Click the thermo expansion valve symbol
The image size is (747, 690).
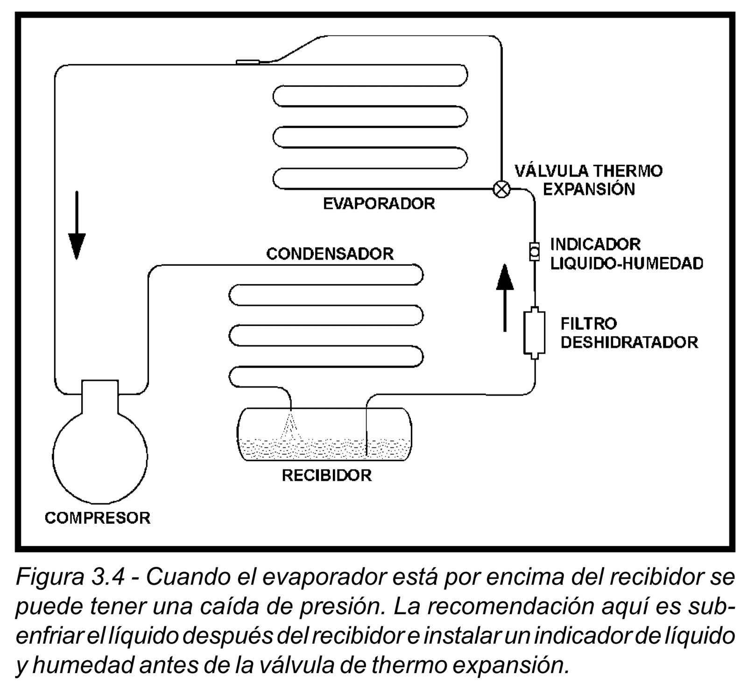(501, 189)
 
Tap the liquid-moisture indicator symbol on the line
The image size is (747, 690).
(535, 252)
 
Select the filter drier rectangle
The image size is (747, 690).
(535, 333)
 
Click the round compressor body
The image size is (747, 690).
(100, 455)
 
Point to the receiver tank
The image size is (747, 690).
(324, 434)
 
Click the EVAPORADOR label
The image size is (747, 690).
(379, 204)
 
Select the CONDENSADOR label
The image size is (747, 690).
(330, 254)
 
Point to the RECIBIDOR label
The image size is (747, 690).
(326, 476)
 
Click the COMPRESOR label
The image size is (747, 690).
(98, 518)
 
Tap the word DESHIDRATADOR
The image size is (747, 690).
(629, 342)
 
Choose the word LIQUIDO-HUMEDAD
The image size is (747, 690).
(627, 263)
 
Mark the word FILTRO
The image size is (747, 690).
(589, 323)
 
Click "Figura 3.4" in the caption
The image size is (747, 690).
(70, 577)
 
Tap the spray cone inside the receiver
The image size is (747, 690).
(291, 425)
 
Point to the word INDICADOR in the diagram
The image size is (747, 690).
(595, 244)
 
